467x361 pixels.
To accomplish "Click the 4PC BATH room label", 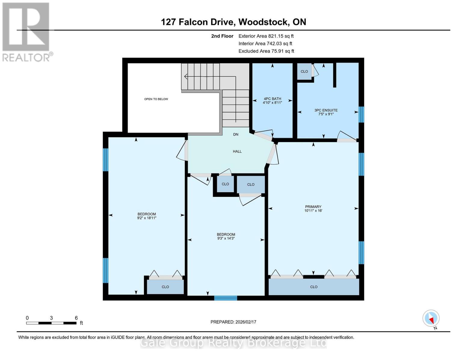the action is [272, 99].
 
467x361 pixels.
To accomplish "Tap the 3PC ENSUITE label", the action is [326, 110].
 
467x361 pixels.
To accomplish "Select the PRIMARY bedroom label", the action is [313, 207].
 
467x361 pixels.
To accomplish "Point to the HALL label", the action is [237, 151].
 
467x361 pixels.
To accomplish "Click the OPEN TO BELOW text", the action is [156, 99].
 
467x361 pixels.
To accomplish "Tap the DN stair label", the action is [236, 134].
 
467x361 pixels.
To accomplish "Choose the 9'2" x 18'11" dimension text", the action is [147, 218].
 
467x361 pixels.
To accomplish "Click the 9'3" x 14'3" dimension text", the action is [226, 238].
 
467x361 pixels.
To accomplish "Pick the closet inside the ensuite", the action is [304, 71].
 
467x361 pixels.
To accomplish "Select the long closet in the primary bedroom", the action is [314, 287].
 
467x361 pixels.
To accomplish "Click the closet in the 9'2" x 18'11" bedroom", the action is [165, 287].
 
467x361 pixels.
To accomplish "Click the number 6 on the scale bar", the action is [76, 318].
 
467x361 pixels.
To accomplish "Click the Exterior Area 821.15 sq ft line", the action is [266, 36].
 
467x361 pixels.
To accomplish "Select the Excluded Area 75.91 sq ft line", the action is [266, 51].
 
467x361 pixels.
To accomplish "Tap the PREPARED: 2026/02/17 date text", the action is [233, 322].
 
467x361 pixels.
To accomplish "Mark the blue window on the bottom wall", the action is [226, 298].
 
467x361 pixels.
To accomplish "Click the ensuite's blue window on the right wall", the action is [361, 114].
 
